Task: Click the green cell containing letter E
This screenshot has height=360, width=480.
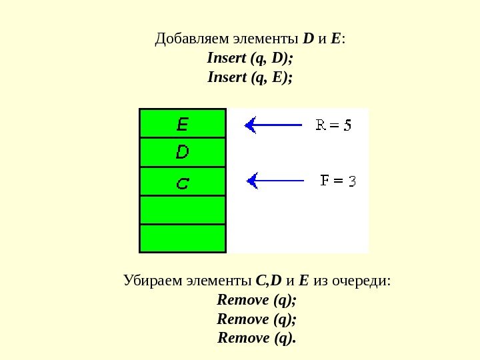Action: (182, 123)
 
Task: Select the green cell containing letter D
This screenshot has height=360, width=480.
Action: (182, 153)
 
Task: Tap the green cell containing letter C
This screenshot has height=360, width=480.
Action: (182, 181)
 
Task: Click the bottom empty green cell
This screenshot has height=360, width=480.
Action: (182, 238)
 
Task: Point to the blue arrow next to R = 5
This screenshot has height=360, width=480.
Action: (273, 125)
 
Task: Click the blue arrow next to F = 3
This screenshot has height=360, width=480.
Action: (275, 180)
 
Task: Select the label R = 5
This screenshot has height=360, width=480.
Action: (333, 125)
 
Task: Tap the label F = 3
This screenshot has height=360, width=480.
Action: (338, 180)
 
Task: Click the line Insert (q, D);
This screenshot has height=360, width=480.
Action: (250, 58)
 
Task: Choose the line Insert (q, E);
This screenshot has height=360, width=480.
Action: (250, 77)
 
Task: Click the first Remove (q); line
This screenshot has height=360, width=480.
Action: (257, 299)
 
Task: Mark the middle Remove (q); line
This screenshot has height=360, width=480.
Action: (257, 318)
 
